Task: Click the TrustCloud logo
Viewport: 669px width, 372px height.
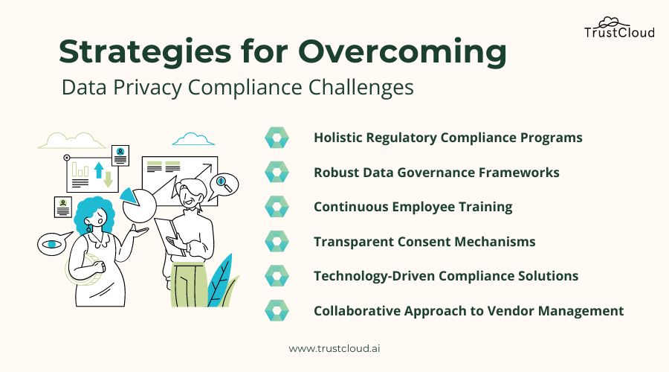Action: (619, 28)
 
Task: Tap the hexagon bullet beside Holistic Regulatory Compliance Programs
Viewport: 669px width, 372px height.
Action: (277, 138)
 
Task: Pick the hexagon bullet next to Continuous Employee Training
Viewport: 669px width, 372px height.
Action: (277, 207)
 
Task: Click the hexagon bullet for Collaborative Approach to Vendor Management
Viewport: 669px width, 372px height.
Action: (277, 310)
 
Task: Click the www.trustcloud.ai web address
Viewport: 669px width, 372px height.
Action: (334, 348)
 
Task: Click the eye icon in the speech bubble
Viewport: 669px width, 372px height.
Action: (51, 244)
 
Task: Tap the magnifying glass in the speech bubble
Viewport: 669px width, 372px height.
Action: (224, 183)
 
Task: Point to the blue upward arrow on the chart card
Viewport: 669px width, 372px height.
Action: (99, 170)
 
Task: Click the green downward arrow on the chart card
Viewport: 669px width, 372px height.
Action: (109, 179)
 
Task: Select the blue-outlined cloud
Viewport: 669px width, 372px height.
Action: (193, 139)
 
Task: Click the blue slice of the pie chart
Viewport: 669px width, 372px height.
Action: (129, 195)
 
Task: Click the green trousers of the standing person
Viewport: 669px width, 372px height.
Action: (189, 285)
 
